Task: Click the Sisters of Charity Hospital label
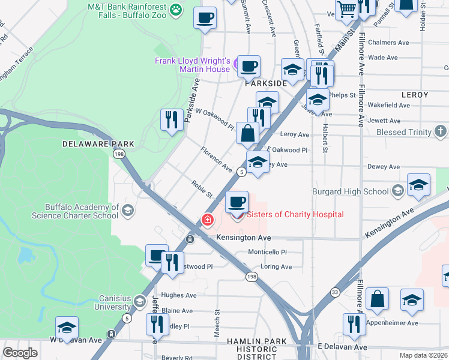pyautogui.click(x=295, y=215)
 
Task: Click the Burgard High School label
pyautogui.click(x=351, y=192)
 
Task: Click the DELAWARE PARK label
pyautogui.click(x=98, y=144)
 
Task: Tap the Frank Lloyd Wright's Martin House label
pyautogui.click(x=192, y=65)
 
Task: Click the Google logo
pyautogui.click(x=20, y=353)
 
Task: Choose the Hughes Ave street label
pyautogui.click(x=179, y=295)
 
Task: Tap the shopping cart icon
pyautogui.click(x=346, y=8)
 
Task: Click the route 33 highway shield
pyautogui.click(x=334, y=292)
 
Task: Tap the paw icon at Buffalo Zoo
pyautogui.click(x=175, y=8)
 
